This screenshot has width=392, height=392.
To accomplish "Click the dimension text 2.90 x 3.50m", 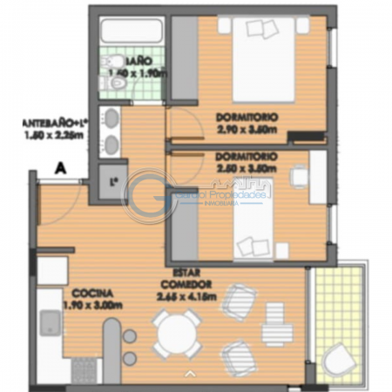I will point(248,131).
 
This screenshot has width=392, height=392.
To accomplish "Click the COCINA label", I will point(91,293).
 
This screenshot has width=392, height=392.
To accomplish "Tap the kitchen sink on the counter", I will point(50,325).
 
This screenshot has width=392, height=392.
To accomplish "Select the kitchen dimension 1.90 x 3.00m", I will point(92,305).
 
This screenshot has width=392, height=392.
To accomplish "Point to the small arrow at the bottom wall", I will point(191,375).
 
